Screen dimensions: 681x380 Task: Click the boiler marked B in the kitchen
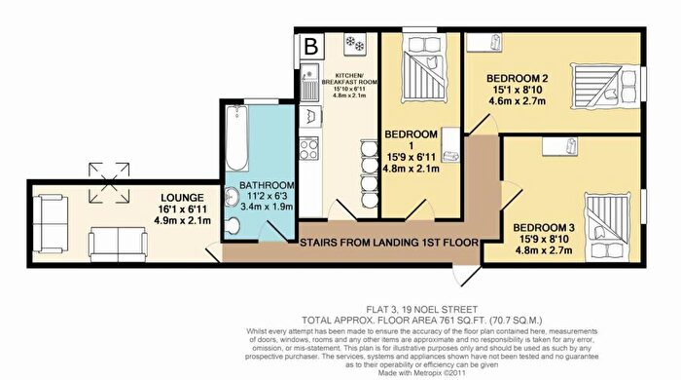click(x=311, y=46)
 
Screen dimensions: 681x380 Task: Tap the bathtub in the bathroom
click(x=237, y=138)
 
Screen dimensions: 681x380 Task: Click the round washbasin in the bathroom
click(x=232, y=199)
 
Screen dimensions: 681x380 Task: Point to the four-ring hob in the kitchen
click(x=308, y=148)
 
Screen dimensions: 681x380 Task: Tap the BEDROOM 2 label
click(x=517, y=79)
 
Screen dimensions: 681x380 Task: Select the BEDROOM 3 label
click(x=543, y=227)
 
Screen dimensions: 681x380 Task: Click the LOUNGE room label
click(x=182, y=198)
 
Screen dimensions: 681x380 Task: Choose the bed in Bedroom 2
click(x=605, y=86)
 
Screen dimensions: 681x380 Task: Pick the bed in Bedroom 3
click(x=606, y=226)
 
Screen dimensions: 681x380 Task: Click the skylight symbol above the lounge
click(x=109, y=182)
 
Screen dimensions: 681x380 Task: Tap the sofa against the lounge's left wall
click(x=51, y=224)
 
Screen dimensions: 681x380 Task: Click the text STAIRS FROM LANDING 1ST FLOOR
click(x=389, y=243)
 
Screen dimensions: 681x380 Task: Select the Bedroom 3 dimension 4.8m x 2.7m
click(x=543, y=250)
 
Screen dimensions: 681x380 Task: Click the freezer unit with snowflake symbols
click(x=355, y=45)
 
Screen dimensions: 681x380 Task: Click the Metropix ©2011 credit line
click(x=422, y=373)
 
